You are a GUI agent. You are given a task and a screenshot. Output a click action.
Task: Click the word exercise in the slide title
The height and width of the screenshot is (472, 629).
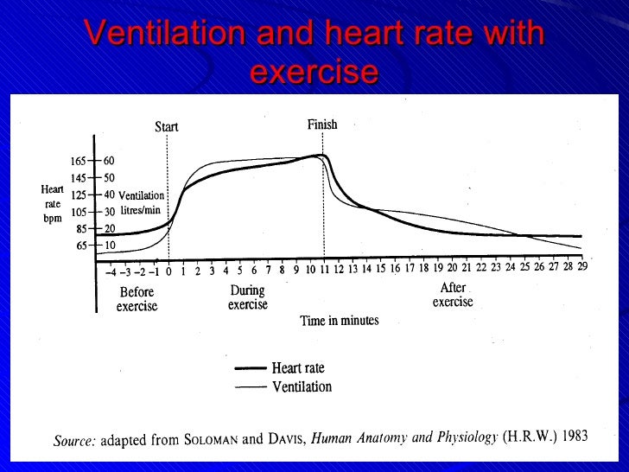(x=314, y=71)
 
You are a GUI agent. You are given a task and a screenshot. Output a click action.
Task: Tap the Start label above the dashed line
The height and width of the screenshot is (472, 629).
(x=167, y=127)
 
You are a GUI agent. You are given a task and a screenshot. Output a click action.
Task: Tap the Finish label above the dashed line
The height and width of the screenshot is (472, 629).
(x=322, y=125)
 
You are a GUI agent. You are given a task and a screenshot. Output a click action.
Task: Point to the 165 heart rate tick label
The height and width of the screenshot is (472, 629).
(x=79, y=161)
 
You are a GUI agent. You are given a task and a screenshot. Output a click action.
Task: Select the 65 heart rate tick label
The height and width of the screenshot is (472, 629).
(x=81, y=246)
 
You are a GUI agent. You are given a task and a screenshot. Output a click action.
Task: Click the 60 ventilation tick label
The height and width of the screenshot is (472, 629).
(x=109, y=161)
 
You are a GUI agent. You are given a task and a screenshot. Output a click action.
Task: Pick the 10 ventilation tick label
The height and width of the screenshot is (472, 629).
(x=109, y=246)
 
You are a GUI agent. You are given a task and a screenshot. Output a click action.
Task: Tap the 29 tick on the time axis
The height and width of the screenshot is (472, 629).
(x=582, y=267)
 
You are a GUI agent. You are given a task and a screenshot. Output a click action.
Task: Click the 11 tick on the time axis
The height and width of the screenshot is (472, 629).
(x=324, y=270)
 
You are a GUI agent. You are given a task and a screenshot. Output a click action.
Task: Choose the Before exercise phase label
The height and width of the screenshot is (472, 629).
(x=137, y=299)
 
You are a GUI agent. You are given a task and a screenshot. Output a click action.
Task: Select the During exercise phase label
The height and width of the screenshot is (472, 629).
(x=248, y=297)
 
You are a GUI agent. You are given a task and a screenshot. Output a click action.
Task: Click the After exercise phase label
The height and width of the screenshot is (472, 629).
(x=453, y=295)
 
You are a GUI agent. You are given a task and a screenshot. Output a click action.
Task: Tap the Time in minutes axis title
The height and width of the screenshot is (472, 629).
(x=339, y=321)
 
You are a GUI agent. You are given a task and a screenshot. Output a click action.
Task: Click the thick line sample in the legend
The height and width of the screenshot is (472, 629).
(x=250, y=368)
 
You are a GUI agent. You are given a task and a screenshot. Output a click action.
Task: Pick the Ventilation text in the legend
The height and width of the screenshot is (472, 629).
(x=302, y=386)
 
